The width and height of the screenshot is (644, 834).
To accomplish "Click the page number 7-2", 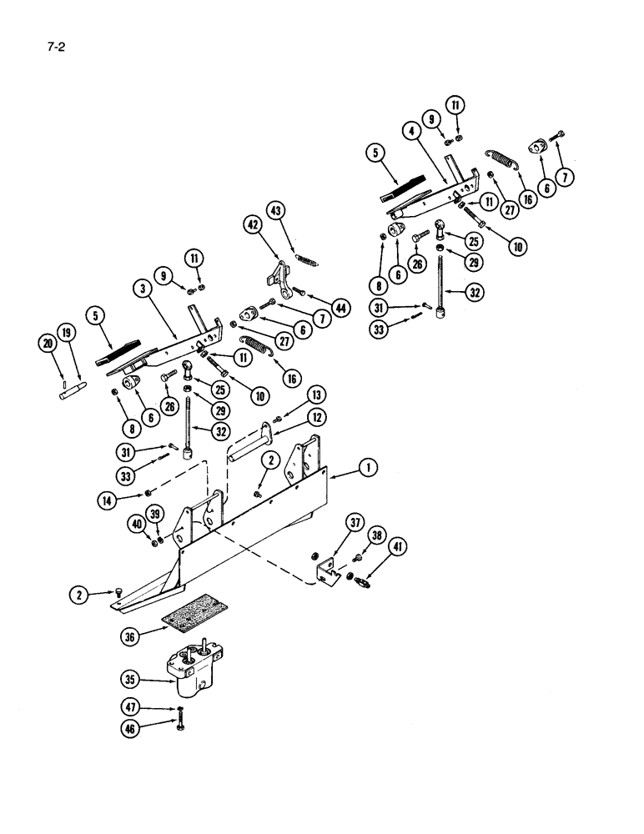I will click(x=57, y=48).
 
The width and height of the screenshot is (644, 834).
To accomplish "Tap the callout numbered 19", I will click(x=67, y=334).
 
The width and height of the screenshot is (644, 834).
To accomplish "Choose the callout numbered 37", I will click(x=355, y=524).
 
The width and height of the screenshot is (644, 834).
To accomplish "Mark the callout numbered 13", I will click(x=315, y=394).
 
